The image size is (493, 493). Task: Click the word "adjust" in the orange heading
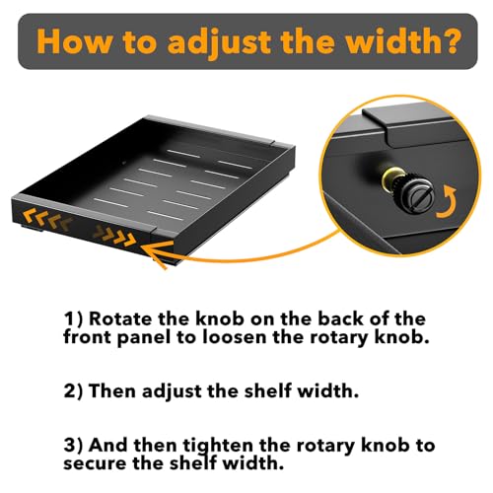219,42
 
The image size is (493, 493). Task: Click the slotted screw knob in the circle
417,197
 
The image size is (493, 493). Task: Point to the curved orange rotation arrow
450,208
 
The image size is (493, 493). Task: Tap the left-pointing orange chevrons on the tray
48,220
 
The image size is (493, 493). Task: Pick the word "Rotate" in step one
120,318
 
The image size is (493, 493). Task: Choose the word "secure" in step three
95,464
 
